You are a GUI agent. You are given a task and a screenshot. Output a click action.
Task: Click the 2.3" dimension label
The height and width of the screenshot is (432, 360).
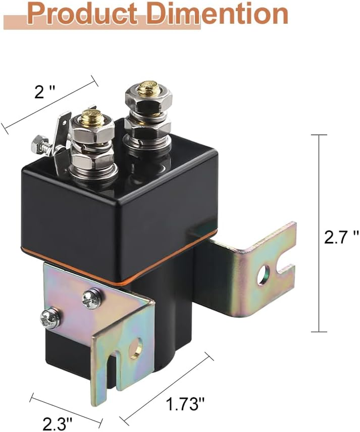click(x=58, y=423)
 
